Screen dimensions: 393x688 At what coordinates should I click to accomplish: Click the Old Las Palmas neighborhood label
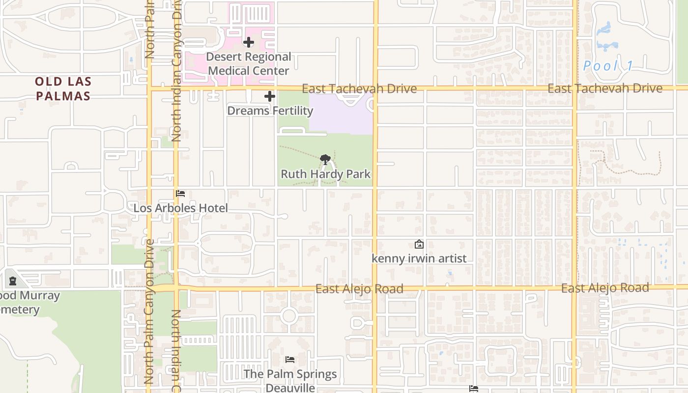click(x=63, y=89)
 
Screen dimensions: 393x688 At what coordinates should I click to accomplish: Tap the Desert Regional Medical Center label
click(x=249, y=64)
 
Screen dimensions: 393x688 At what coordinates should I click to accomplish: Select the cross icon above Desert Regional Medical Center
click(x=249, y=42)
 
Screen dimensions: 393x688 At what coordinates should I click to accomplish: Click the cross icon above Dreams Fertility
click(x=270, y=96)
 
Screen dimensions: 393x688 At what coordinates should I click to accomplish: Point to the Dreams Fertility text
click(x=270, y=111)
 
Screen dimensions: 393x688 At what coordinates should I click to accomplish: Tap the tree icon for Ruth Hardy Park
click(x=325, y=159)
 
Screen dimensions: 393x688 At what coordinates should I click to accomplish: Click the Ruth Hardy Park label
click(x=325, y=174)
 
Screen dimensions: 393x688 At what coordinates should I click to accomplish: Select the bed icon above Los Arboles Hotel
click(x=180, y=194)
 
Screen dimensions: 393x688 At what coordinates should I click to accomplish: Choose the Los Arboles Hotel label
click(x=181, y=208)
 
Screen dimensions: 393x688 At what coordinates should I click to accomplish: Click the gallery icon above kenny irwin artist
click(x=419, y=244)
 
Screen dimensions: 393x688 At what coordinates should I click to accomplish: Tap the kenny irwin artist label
click(x=419, y=258)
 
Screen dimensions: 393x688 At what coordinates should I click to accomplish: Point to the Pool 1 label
click(x=608, y=66)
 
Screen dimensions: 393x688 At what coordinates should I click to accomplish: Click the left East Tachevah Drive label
click(x=359, y=88)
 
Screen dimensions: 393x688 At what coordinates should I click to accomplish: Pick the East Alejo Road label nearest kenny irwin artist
click(x=359, y=289)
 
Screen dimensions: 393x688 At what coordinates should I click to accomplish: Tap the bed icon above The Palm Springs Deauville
click(x=290, y=360)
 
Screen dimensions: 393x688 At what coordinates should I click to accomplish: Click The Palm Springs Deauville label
click(x=290, y=380)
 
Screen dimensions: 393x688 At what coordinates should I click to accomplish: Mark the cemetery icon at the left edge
click(x=13, y=281)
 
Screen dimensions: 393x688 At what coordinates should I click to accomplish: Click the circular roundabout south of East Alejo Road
click(x=289, y=315)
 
